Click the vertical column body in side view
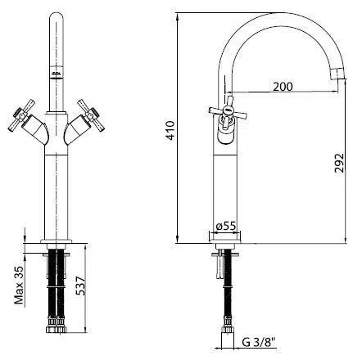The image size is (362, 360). (x=222, y=180)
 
